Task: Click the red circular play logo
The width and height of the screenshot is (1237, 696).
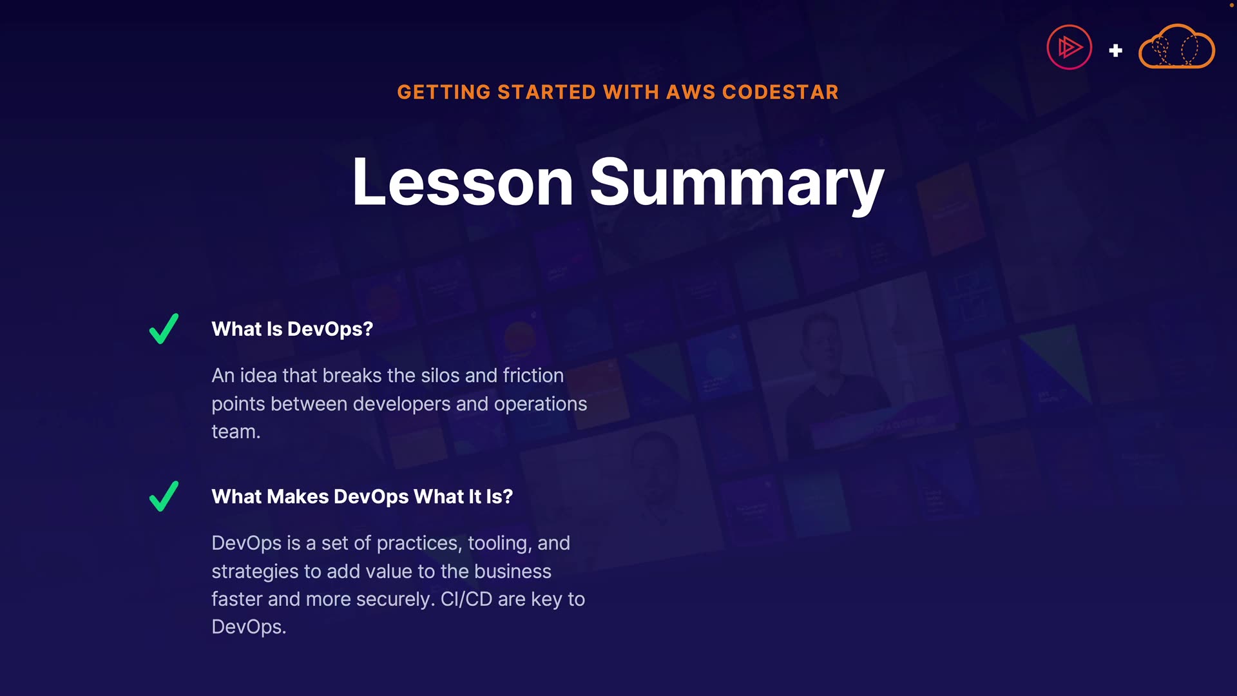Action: click(x=1069, y=47)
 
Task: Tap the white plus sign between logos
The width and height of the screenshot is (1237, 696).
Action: click(x=1115, y=50)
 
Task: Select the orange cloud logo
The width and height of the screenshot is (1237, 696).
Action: click(x=1176, y=46)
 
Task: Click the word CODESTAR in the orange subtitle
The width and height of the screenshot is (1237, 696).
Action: click(x=780, y=92)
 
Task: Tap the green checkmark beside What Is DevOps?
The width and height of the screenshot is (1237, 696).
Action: click(x=164, y=329)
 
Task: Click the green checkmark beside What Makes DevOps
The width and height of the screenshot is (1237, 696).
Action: click(x=164, y=496)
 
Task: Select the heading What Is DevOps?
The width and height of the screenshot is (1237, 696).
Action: click(x=292, y=329)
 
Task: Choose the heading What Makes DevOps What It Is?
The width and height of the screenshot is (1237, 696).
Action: click(x=362, y=496)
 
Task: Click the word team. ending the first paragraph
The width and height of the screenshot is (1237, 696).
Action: click(x=236, y=432)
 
